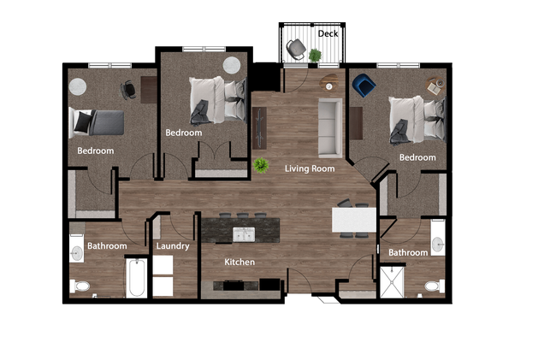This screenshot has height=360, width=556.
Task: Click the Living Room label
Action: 309,168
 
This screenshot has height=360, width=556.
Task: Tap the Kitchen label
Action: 240,262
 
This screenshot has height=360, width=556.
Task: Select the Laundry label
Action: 173,246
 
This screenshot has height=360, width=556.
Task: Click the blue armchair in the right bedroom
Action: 364,85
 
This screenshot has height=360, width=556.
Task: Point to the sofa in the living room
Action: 329,125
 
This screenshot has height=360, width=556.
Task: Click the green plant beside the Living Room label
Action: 260,164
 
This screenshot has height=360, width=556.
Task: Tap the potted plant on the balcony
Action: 316,56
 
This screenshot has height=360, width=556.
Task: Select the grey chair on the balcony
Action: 296,50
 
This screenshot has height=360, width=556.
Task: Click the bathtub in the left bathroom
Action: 137,277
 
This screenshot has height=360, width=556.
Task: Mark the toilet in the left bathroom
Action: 80,286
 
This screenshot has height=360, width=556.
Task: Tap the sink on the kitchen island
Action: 244,233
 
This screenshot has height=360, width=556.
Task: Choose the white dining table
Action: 353,221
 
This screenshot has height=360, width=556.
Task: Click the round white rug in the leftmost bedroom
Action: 77,86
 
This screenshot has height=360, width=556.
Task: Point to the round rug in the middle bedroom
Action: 232,65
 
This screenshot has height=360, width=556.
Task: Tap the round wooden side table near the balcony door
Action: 329,84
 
